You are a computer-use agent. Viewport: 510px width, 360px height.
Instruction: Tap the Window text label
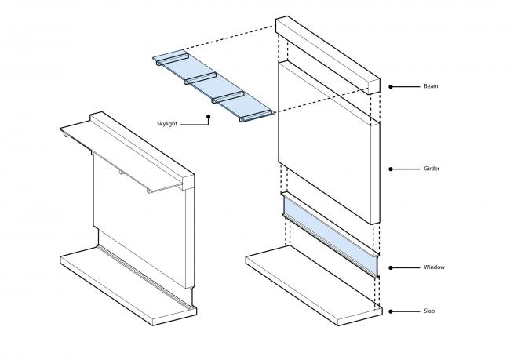point(433,267)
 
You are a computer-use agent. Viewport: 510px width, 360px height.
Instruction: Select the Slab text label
point(428,311)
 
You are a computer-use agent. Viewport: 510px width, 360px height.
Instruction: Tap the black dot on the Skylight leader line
point(209,118)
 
